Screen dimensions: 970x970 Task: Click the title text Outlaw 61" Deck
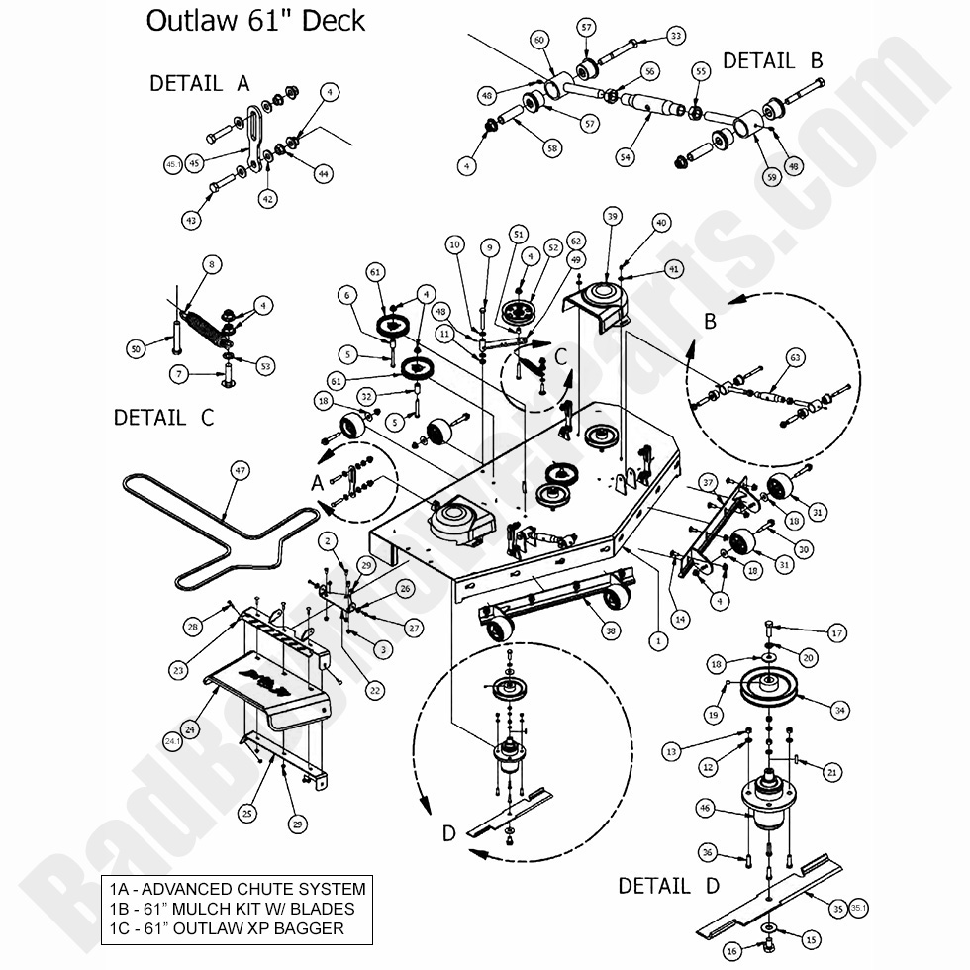point(255,21)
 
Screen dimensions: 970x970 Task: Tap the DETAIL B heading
point(772,60)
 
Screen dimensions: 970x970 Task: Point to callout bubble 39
point(613,217)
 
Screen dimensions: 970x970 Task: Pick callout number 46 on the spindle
point(705,809)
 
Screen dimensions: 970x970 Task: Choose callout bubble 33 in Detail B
point(676,36)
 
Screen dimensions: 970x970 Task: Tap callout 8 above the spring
point(211,264)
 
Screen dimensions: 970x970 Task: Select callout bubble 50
point(136,348)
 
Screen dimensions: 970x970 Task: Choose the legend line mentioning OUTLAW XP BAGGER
point(228,927)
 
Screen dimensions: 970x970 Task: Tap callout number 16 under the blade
point(731,951)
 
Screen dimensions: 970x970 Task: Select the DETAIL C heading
point(163,418)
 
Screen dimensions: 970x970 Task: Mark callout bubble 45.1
point(173,163)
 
